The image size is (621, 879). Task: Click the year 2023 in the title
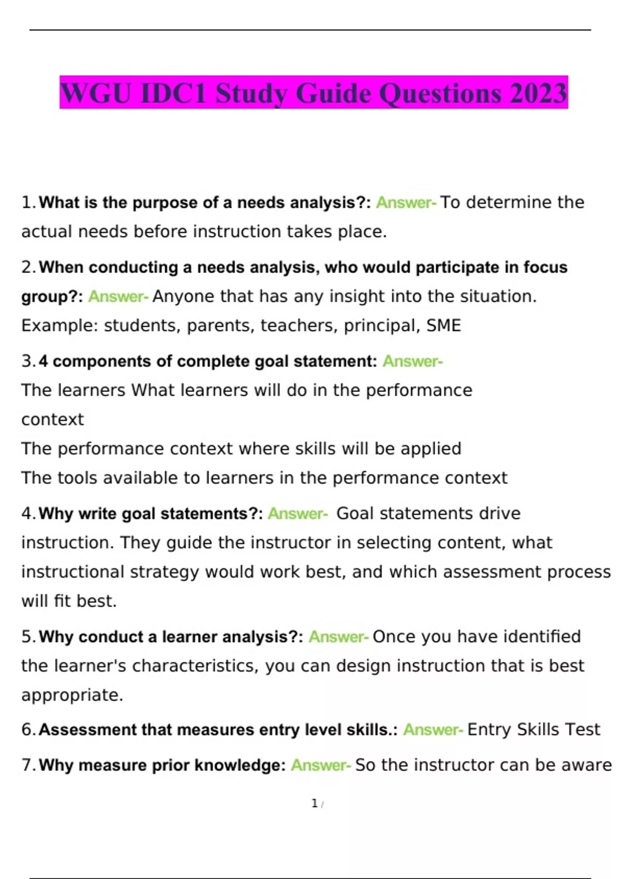pyautogui.click(x=538, y=94)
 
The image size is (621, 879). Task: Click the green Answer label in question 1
pyautogui.click(x=406, y=203)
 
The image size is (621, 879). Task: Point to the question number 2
pyautogui.click(x=28, y=267)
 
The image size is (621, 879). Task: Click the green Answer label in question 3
pyautogui.click(x=412, y=361)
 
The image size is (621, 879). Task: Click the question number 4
pyautogui.click(x=28, y=513)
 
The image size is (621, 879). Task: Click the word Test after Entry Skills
pyautogui.click(x=583, y=730)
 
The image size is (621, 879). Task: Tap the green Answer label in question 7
pyautogui.click(x=320, y=765)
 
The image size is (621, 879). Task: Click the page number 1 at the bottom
pyautogui.click(x=314, y=804)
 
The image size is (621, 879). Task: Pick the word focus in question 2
pyautogui.click(x=545, y=267)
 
